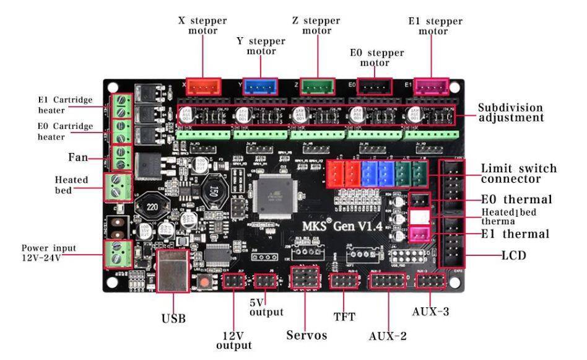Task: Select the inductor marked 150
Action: (212, 189)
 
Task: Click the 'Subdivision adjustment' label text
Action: (510, 112)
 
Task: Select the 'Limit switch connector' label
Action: (519, 173)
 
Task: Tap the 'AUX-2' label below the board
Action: (388, 336)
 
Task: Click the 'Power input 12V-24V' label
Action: (48, 252)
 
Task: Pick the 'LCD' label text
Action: (513, 255)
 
